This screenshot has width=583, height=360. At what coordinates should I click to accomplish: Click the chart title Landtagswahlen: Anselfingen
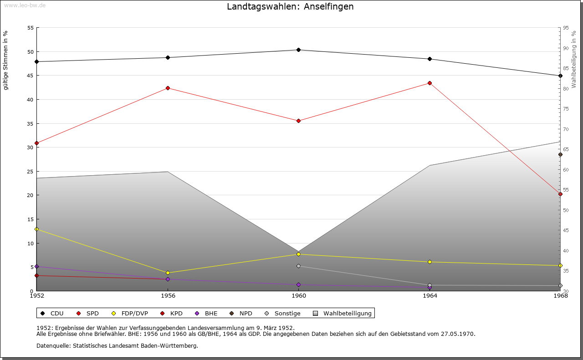[290, 7]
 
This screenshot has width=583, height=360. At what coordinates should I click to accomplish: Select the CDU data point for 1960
[298, 50]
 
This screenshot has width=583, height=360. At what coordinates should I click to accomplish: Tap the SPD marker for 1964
[430, 83]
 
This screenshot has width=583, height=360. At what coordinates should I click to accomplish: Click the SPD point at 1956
[168, 88]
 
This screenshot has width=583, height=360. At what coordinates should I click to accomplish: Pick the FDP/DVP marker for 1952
[37, 229]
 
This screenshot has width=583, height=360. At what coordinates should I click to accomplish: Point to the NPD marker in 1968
[560, 155]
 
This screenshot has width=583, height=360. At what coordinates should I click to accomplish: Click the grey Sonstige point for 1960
[298, 266]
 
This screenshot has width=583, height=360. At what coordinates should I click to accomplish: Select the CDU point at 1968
[560, 76]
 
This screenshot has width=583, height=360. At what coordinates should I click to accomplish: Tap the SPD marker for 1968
[560, 194]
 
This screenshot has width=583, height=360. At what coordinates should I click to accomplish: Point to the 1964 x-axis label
[430, 296]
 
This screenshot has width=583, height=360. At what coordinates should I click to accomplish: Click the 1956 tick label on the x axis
[168, 296]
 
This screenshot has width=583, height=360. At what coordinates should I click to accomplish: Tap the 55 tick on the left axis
[31, 28]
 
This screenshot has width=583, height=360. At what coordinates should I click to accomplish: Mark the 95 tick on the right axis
[565, 28]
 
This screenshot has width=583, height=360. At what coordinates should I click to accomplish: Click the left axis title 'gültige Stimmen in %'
[6, 61]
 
